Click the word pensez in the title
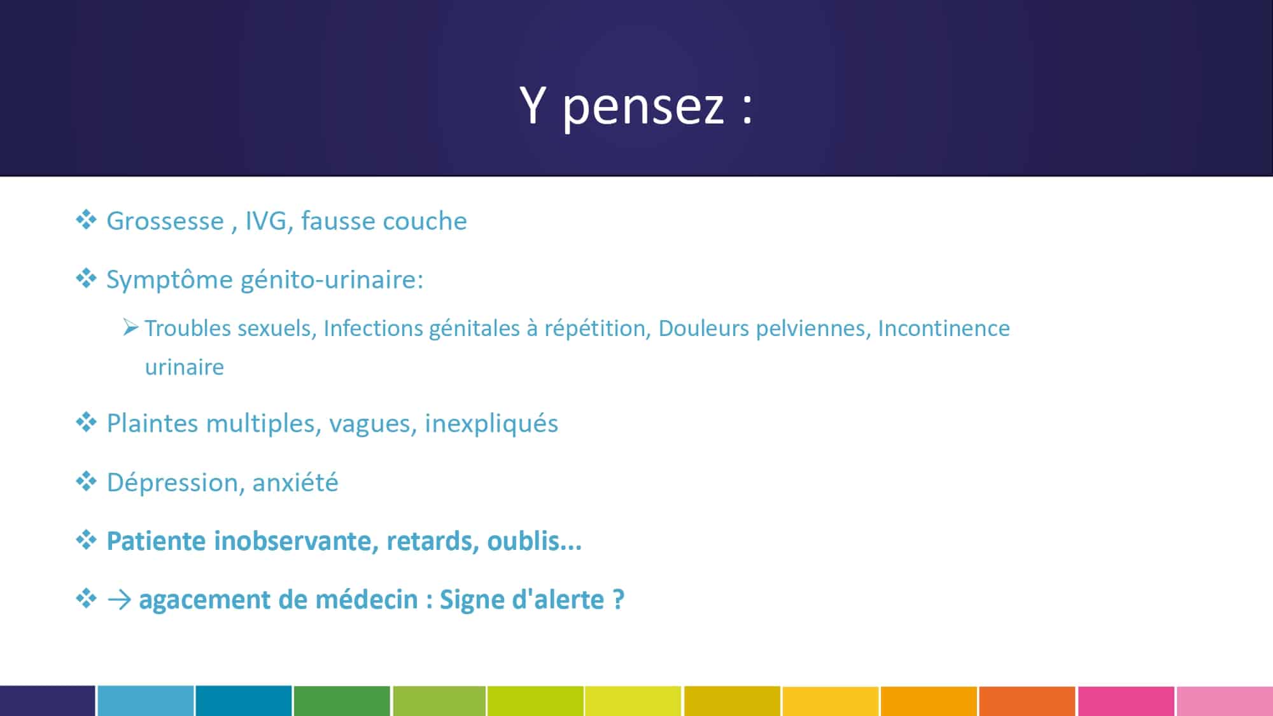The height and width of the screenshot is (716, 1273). point(644,106)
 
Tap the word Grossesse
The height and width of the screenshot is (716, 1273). point(165,221)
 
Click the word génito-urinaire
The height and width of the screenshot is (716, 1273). point(332,280)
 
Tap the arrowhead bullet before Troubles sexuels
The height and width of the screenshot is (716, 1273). point(130,328)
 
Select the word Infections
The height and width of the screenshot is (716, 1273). point(372,328)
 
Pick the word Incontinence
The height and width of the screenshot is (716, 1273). point(944,328)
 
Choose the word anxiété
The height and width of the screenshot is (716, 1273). point(295,482)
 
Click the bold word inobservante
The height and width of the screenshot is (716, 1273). point(296,541)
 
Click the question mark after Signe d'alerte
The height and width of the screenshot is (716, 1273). point(618,600)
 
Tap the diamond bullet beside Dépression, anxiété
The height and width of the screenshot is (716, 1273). point(86,481)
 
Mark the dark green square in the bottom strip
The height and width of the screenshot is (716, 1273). point(342,701)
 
